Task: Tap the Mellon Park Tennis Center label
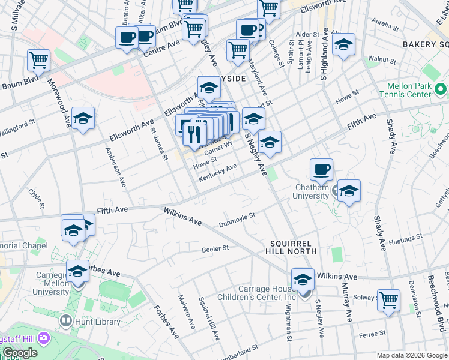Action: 405,90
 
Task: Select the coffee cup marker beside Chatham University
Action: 322,170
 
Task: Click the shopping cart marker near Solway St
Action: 388,300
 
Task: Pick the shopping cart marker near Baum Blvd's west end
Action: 38,61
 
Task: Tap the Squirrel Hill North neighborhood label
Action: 297,247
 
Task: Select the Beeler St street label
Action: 215,248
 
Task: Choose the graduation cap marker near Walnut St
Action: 343,46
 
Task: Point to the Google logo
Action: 20,353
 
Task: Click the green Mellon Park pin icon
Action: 441,90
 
